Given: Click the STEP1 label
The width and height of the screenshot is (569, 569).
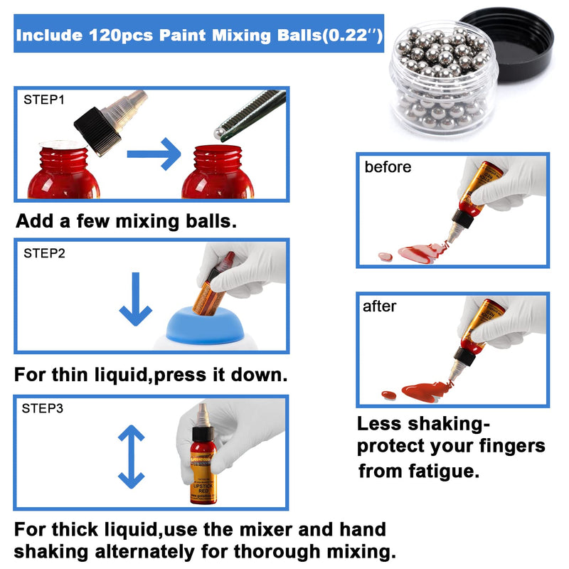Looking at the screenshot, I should pos(44,100).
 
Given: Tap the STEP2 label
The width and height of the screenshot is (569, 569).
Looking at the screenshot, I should pos(44,252).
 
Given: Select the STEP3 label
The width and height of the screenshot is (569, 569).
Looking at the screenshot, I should pos(44,408).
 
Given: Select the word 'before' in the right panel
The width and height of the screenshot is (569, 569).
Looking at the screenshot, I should pos(388,168).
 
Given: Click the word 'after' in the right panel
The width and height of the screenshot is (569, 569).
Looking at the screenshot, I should pos(380,307).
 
